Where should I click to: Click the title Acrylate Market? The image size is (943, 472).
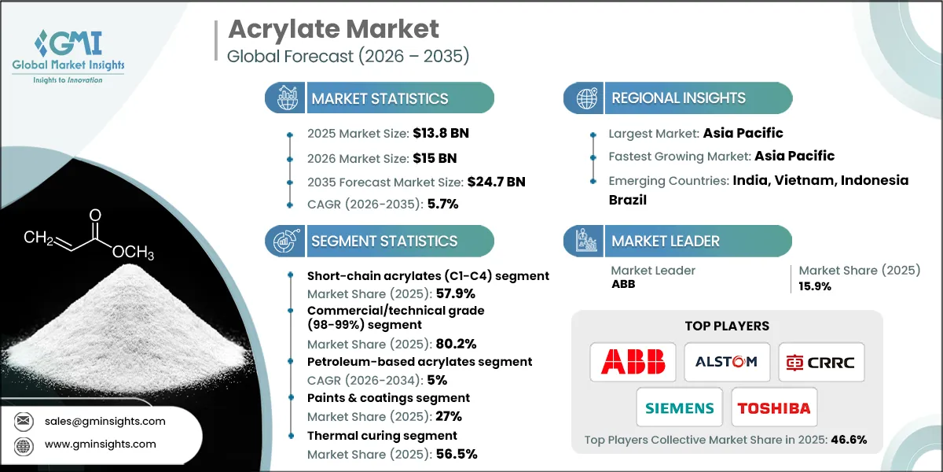click(333, 30)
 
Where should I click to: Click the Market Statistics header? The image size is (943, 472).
click(380, 98)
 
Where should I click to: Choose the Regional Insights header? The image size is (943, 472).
click(678, 98)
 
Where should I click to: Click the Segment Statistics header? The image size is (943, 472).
click(384, 241)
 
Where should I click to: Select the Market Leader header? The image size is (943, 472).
click(666, 241)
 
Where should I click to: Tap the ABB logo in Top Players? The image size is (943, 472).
click(633, 362)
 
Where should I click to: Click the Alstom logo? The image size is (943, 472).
click(727, 362)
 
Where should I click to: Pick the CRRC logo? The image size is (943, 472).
click(821, 362)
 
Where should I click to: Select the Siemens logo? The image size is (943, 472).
click(680, 408)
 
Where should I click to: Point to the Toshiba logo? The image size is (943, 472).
click(774, 408)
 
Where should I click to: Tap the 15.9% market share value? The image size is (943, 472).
click(815, 286)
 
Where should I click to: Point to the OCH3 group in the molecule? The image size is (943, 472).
click(133, 253)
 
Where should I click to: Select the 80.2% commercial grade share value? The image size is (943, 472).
click(454, 343)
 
